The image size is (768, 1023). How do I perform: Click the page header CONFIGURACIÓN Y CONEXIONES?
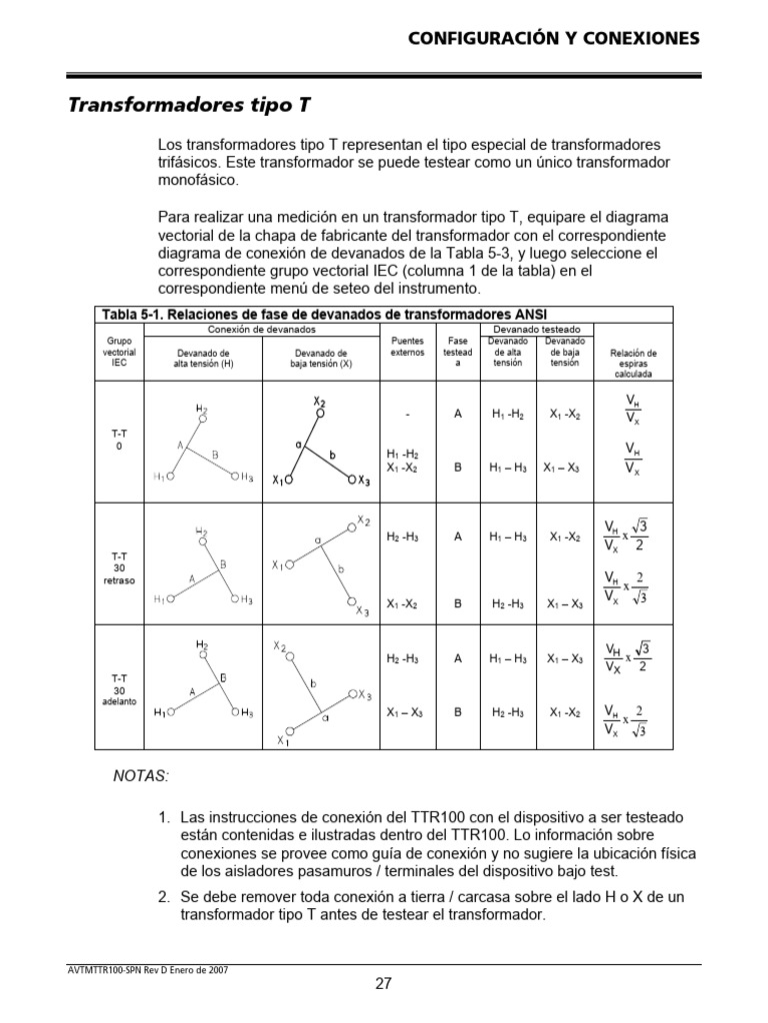pyautogui.click(x=553, y=38)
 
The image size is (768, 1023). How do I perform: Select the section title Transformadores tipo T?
pyautogui.click(x=195, y=105)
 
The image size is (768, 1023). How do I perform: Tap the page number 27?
pyautogui.click(x=383, y=983)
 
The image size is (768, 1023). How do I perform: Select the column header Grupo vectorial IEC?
pyautogui.click(x=119, y=352)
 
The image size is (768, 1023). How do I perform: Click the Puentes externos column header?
pyautogui.click(x=407, y=346)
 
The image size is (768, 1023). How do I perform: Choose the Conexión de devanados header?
pyautogui.click(x=262, y=329)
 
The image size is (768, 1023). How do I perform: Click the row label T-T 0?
pyautogui.click(x=119, y=441)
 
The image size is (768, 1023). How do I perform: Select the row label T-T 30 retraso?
pyautogui.click(x=119, y=566)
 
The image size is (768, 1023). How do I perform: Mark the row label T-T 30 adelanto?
pyautogui.click(x=119, y=690)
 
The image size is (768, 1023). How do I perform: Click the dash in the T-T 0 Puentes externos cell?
pyautogui.click(x=407, y=414)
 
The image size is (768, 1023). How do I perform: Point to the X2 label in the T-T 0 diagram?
pyautogui.click(x=320, y=402)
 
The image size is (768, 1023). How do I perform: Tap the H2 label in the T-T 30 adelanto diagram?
pyautogui.click(x=202, y=645)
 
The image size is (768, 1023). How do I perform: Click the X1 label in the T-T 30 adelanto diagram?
pyautogui.click(x=282, y=740)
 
